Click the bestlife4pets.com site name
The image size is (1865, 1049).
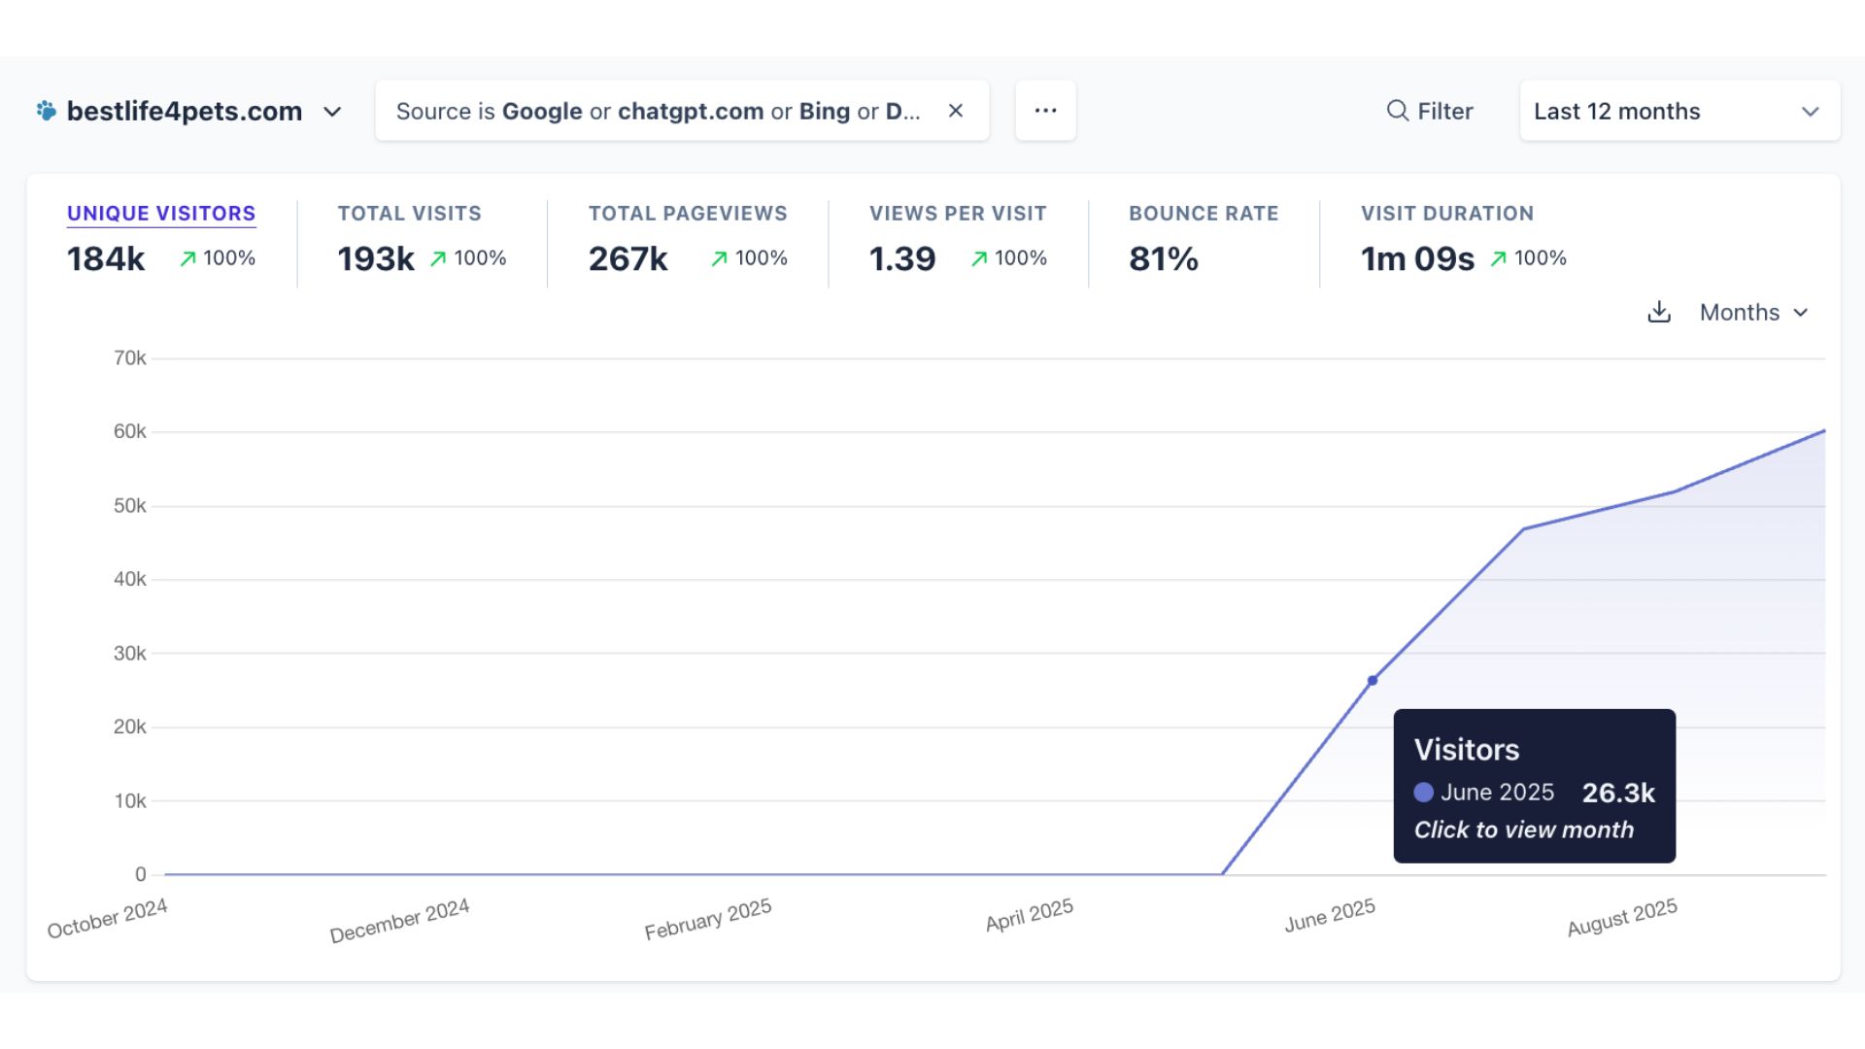click(185, 112)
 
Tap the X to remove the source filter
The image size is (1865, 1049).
click(956, 111)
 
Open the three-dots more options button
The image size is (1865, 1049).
click(1045, 111)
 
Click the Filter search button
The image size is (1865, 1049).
click(1429, 112)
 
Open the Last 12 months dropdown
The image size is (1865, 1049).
click(1678, 112)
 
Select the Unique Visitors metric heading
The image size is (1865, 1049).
click(161, 214)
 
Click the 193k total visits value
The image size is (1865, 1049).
click(376, 259)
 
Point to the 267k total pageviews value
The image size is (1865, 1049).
click(628, 259)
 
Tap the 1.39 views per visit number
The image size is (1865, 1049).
click(902, 259)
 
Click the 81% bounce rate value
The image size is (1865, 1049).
click(1164, 259)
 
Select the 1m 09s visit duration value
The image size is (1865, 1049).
click(1417, 259)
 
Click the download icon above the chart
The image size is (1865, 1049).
click(1659, 312)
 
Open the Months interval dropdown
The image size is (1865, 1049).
click(1753, 313)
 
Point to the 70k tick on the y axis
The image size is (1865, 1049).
click(130, 358)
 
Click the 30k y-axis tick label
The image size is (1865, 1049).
click(130, 654)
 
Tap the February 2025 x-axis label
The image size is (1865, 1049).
click(708, 919)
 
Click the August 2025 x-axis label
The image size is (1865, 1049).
click(1622, 918)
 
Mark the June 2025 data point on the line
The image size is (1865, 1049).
click(1373, 681)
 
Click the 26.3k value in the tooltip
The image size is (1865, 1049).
click(1618, 794)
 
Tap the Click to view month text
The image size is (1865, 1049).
click(1524, 830)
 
